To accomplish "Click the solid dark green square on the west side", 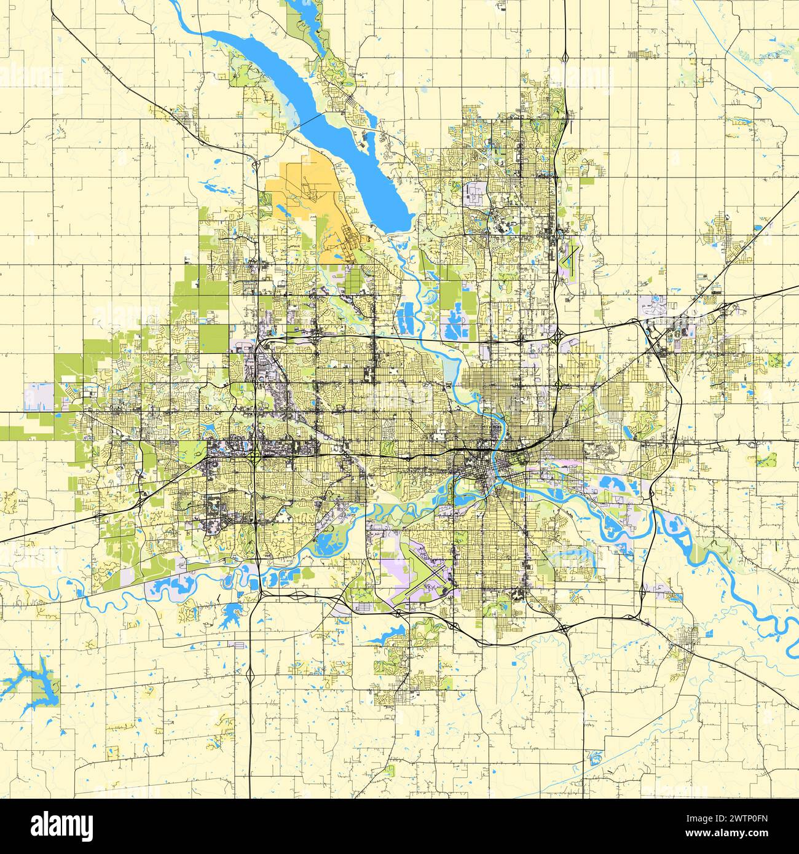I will tap(213, 335).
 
